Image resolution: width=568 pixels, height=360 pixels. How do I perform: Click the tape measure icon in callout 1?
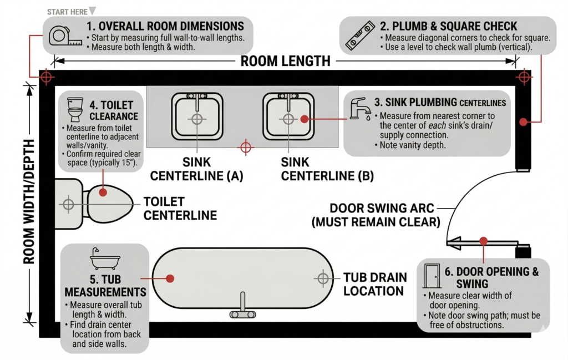[65, 36]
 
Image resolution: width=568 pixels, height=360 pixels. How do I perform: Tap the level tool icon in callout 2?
[359, 36]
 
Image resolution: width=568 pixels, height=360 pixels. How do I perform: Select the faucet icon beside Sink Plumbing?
[361, 109]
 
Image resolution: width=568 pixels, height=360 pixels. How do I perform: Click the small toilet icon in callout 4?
[75, 109]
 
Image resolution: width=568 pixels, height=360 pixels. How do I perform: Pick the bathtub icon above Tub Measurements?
[105, 259]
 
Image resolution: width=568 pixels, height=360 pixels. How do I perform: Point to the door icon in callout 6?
[432, 276]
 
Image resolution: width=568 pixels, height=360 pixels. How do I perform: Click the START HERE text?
[67, 12]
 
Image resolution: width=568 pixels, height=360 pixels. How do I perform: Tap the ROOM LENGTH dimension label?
[286, 61]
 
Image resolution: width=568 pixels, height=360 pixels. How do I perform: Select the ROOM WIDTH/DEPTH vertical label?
[29, 202]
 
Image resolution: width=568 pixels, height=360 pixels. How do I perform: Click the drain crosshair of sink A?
[197, 119]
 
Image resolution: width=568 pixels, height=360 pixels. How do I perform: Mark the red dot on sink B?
[305, 119]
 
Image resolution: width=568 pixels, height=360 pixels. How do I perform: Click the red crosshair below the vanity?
[246, 148]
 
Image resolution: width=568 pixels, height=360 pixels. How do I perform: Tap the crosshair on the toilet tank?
[68, 204]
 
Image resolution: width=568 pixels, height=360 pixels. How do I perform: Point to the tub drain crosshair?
[323, 278]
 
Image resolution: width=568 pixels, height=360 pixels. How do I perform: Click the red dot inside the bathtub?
[170, 278]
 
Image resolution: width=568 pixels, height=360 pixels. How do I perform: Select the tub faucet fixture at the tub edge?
[243, 306]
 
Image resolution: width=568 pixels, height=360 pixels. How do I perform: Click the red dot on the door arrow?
[483, 241]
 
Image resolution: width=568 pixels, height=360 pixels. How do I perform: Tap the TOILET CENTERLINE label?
[180, 208]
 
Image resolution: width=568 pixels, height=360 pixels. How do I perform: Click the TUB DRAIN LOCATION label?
[375, 284]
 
